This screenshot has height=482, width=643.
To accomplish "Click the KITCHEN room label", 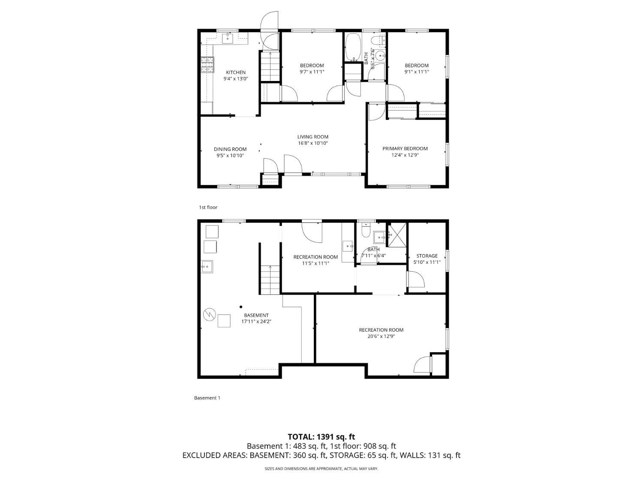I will (236, 72).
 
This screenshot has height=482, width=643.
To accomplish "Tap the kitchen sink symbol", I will (227, 39).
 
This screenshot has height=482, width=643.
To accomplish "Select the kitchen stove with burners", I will (207, 65).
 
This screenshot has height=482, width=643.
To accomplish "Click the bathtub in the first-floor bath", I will (354, 47).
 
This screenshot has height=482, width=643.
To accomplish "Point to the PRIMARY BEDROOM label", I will (405, 149).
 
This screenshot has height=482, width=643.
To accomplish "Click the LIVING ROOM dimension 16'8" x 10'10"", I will (313, 144).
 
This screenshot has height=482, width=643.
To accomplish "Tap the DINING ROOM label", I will (230, 149).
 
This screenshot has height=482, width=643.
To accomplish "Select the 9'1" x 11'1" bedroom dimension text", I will (417, 72).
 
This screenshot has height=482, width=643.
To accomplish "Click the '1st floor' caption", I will (208, 207).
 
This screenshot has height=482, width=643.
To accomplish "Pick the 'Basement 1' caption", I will (207, 398).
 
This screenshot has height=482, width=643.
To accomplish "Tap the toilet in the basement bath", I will (366, 231).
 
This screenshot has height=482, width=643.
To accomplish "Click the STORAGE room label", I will (427, 256).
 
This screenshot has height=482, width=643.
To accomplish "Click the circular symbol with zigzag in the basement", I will (209, 314).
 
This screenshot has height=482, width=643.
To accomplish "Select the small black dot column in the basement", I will (241, 307).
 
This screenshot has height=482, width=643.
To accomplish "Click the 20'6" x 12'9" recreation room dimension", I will (381, 336).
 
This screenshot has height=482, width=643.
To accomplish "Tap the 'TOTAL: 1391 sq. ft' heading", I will (321, 437).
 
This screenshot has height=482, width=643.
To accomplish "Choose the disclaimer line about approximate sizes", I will (321, 469).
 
